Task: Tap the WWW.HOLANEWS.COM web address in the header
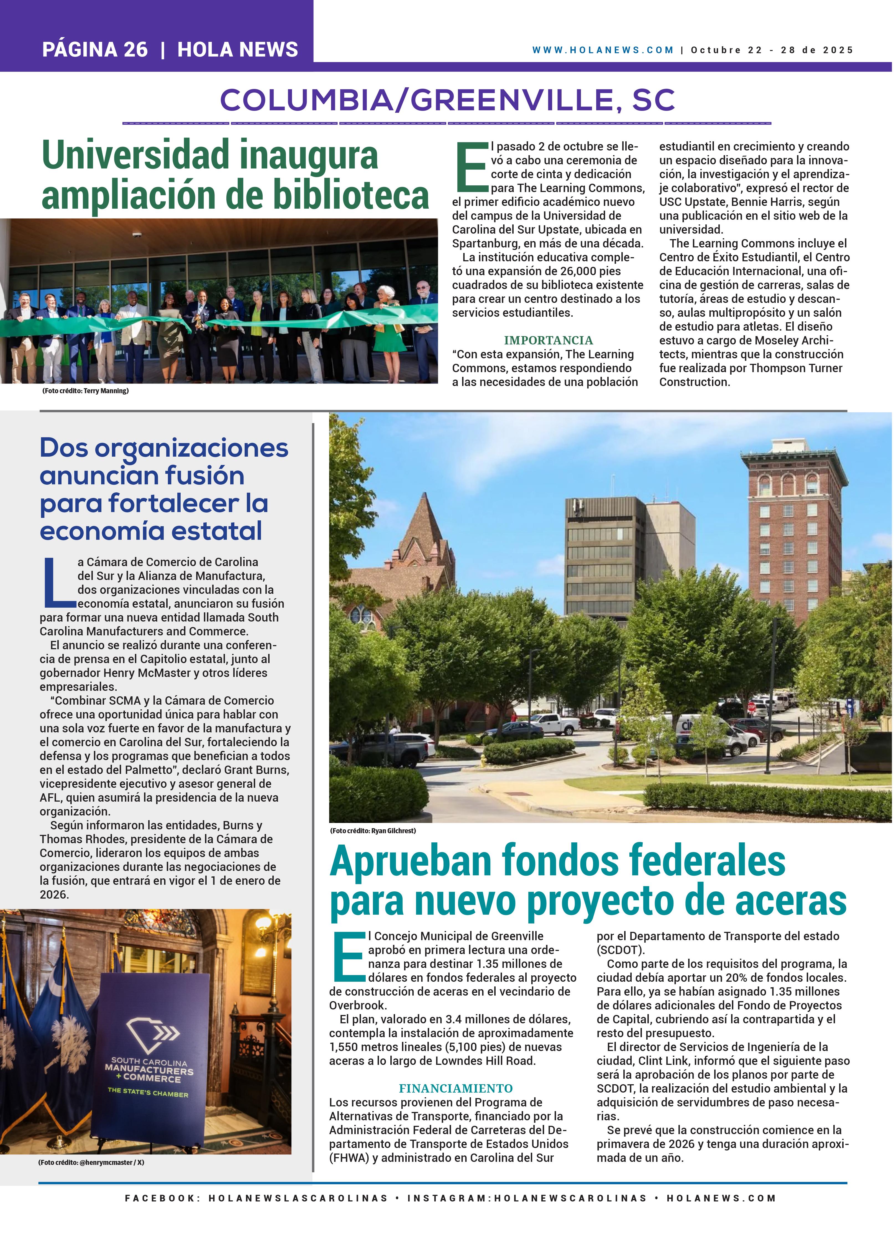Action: click(603, 50)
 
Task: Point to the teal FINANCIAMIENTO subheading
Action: click(455, 1088)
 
